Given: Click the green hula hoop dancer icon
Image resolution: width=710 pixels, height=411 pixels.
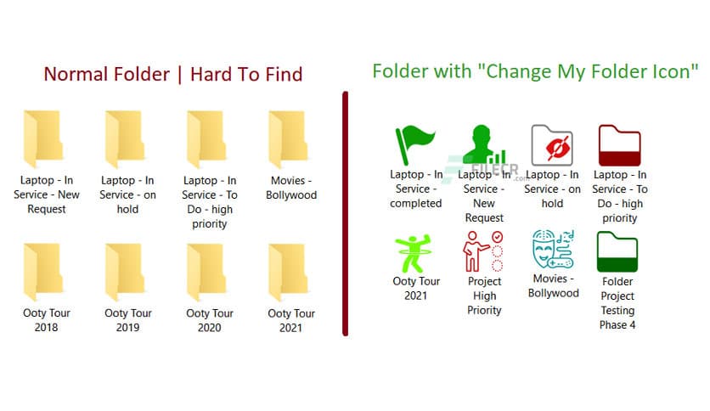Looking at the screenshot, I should click(x=414, y=253).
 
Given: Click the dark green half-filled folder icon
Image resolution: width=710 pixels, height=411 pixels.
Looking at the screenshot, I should click(x=617, y=252).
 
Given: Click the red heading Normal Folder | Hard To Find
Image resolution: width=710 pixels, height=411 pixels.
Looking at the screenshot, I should click(x=172, y=74).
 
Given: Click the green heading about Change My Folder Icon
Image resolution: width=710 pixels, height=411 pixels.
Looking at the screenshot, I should click(x=535, y=70).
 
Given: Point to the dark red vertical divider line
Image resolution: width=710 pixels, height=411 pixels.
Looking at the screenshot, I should click(x=346, y=212).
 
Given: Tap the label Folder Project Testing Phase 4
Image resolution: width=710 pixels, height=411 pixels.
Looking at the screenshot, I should click(x=617, y=303).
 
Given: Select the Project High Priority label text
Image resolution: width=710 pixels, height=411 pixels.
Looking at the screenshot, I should click(x=484, y=296).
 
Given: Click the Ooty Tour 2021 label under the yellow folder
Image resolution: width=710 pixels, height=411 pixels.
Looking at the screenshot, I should click(x=291, y=320).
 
